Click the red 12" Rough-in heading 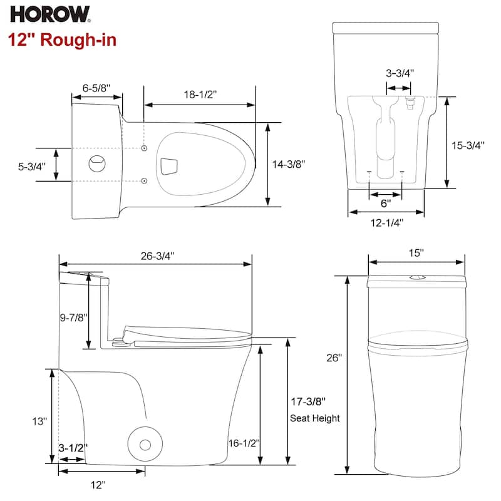(x=62, y=39)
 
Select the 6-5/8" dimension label (x=96, y=88)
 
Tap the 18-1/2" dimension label (x=200, y=95)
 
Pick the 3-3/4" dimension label (x=398, y=73)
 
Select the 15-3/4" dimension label (x=468, y=145)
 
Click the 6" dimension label (x=385, y=203)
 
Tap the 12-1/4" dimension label (x=386, y=222)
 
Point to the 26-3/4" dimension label (x=157, y=256)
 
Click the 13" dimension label (x=39, y=421)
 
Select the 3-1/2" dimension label (x=73, y=448)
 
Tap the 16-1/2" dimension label (x=244, y=443)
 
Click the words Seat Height (x=314, y=418)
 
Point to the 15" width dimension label (x=416, y=252)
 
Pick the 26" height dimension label (x=333, y=358)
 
